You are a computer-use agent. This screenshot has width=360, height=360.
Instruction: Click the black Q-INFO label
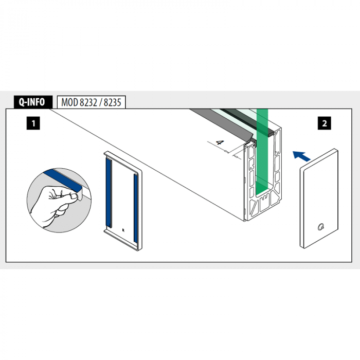[x=31, y=102]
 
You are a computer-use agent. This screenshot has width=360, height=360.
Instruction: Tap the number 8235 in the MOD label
[x=112, y=102]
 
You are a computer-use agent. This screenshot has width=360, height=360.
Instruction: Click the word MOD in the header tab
[x=69, y=102]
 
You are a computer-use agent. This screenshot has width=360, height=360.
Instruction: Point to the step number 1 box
[x=33, y=123]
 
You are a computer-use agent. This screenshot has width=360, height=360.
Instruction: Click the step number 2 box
[x=325, y=123]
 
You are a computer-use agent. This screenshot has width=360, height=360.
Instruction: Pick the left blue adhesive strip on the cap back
[x=108, y=193]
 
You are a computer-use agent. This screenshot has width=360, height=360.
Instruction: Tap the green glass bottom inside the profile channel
[x=262, y=193]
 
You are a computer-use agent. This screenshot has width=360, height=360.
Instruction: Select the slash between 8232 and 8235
[x=100, y=102]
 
